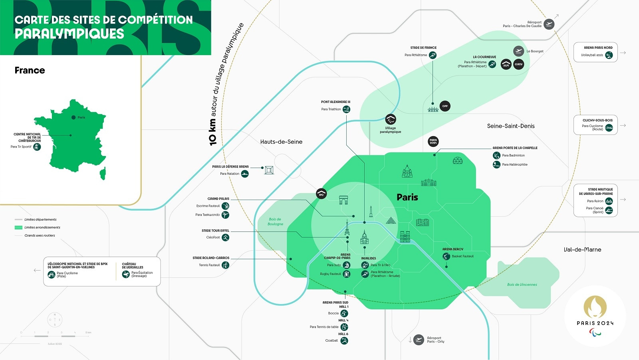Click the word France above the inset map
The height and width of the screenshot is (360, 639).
tap(30, 71)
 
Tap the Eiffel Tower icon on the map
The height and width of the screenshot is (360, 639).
tap(347, 228)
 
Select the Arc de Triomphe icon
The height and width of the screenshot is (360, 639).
tap(343, 200)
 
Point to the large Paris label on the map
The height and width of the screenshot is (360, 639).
tap(407, 197)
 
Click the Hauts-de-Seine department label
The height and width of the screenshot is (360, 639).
tap(281, 142)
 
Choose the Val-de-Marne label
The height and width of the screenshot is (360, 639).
tap(582, 250)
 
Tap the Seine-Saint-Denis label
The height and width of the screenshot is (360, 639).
tap(510, 126)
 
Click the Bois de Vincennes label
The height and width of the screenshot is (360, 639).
tap(522, 285)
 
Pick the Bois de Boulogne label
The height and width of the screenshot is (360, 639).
tap(275, 222)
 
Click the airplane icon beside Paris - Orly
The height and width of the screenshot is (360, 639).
tap(419, 340)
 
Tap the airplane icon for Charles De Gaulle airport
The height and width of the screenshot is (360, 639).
tap(549, 24)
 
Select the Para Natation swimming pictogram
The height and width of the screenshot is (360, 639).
tap(245, 174)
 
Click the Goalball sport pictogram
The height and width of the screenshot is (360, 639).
tap(344, 340)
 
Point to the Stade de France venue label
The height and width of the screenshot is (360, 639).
tap(423, 48)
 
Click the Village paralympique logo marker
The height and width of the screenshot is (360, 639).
tap(391, 119)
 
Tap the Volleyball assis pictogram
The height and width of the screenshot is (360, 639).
tap(609, 55)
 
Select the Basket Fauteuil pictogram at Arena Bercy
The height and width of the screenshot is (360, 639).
tap(447, 256)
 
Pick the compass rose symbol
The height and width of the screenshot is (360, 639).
tap(55, 320)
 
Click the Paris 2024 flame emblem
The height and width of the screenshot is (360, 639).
tap(595, 307)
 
